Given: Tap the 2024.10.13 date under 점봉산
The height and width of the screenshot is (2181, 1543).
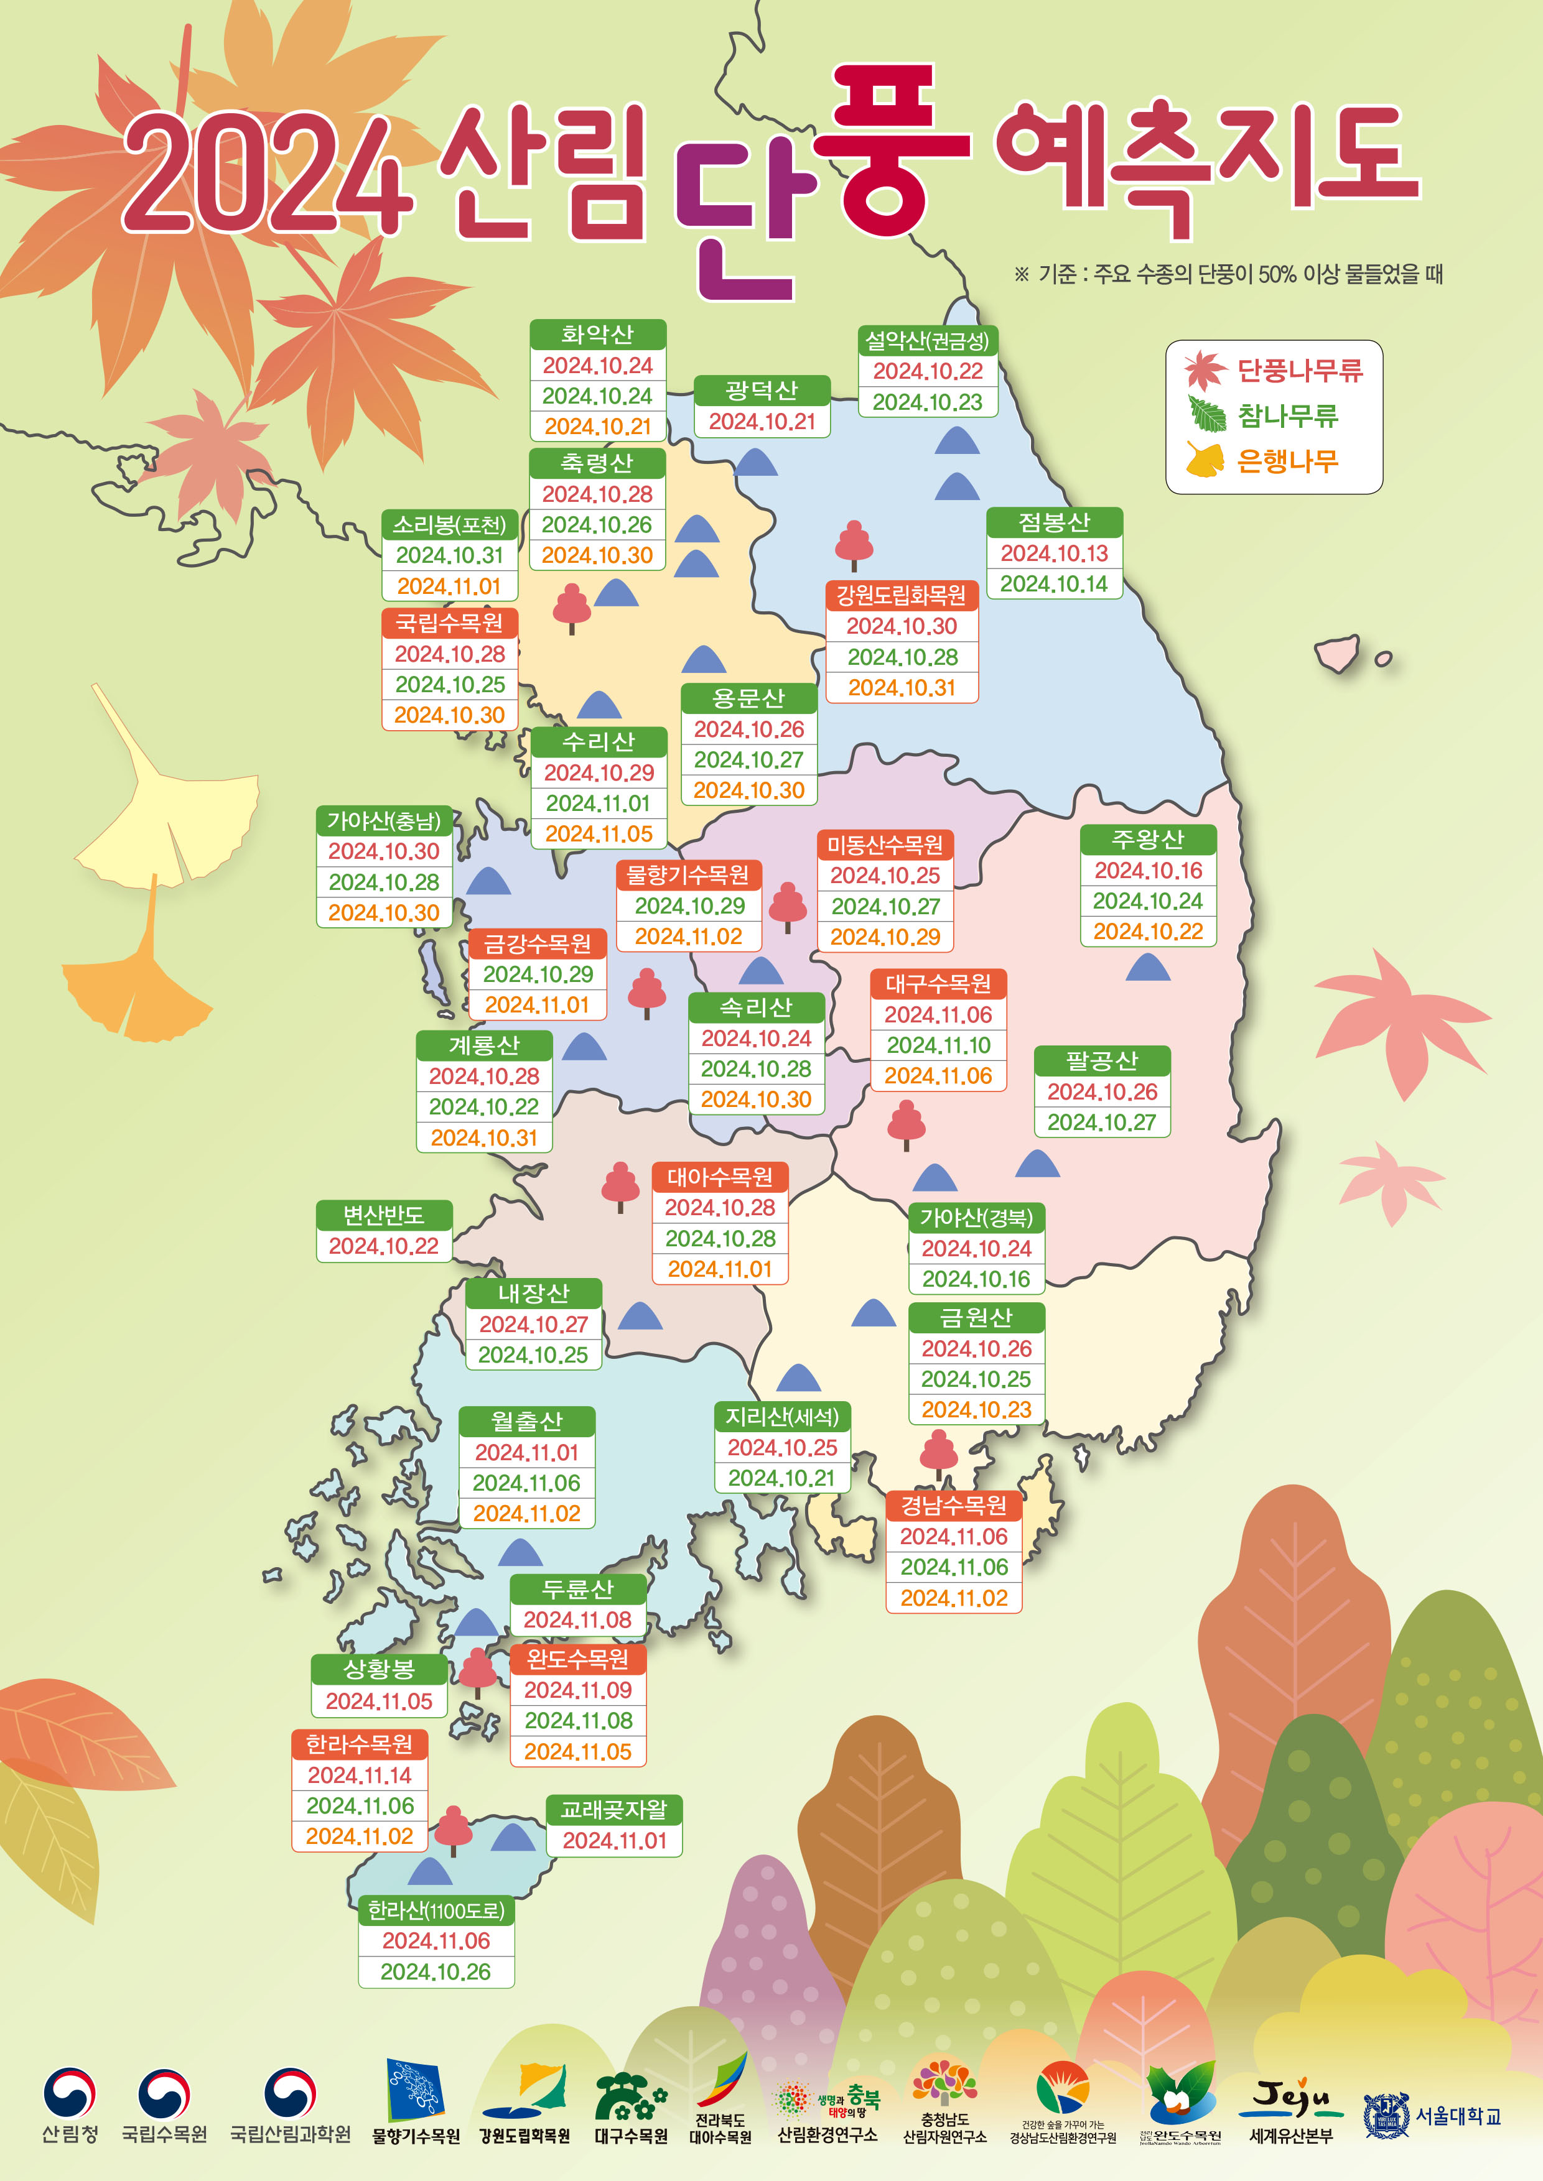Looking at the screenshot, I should click(1054, 553).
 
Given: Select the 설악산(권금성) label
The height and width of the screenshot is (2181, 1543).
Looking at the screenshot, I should click(927, 340).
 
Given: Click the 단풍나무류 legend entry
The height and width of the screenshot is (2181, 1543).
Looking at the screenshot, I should click(1299, 371).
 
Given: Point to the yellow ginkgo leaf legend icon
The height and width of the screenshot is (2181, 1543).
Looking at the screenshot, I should click(1205, 461).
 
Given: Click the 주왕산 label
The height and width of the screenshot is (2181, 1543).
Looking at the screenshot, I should click(1148, 839).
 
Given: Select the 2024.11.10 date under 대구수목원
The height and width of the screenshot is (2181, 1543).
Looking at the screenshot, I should click(938, 1045).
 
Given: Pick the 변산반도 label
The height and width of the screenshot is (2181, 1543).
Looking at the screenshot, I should click(384, 1215).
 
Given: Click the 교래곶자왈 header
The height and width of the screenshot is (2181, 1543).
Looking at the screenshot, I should click(614, 1810).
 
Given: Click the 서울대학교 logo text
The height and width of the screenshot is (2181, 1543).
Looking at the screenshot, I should click(1458, 2116).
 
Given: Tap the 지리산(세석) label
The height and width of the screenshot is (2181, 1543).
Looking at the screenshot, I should click(782, 1416).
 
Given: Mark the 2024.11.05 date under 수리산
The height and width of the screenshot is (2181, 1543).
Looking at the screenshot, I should click(599, 833).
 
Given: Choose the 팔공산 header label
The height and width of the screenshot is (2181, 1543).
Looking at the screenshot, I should click(1101, 1060).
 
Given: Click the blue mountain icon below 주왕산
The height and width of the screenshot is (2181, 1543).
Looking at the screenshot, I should click(1148, 968).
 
